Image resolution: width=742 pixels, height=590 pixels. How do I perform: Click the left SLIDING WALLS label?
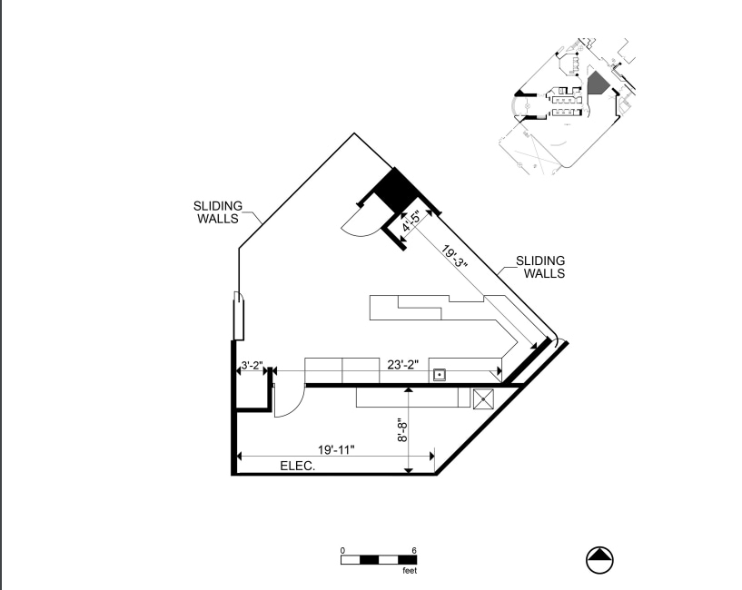(x=217, y=211)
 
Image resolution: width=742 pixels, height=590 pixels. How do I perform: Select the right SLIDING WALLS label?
(x=540, y=266)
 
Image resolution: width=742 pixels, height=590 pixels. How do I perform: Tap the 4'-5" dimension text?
(x=411, y=222)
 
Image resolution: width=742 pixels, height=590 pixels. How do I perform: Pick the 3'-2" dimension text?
(x=251, y=367)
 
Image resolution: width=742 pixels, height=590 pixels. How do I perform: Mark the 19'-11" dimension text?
(x=336, y=449)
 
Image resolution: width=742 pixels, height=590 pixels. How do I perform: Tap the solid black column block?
(x=392, y=192)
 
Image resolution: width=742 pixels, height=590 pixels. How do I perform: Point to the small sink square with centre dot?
(x=440, y=373)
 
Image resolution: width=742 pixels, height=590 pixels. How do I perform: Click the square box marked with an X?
(x=483, y=398)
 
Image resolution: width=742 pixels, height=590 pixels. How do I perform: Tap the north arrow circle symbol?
(x=600, y=561)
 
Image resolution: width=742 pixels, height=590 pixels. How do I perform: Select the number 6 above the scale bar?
(x=414, y=550)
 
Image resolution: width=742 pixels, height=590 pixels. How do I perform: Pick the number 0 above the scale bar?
(x=342, y=550)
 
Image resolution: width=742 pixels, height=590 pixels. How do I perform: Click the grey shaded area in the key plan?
(x=597, y=84)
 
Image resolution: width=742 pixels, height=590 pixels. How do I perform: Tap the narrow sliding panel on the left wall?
(x=238, y=315)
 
